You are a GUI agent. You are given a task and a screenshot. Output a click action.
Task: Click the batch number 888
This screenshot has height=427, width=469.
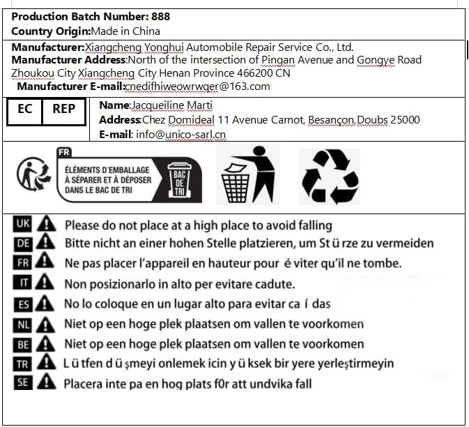(x=160, y=16)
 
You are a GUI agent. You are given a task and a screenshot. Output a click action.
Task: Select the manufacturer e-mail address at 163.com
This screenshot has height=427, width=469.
(x=197, y=87)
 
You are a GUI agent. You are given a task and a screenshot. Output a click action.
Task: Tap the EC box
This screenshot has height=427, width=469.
(x=24, y=110)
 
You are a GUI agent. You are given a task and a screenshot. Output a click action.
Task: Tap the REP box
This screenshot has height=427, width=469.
(x=64, y=110)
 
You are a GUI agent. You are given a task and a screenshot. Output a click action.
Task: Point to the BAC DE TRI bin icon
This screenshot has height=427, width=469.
(x=180, y=179)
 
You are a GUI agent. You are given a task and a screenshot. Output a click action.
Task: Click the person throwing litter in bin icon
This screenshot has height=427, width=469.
(x=247, y=174)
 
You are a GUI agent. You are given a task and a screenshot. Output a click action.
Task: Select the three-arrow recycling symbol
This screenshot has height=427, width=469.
(x=330, y=175)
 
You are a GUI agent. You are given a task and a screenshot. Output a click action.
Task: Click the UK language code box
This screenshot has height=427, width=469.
(x=22, y=224)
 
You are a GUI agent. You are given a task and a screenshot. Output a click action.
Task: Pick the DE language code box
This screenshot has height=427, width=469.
(x=22, y=243)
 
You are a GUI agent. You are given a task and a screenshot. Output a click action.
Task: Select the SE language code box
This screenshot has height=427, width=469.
(x=22, y=382)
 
